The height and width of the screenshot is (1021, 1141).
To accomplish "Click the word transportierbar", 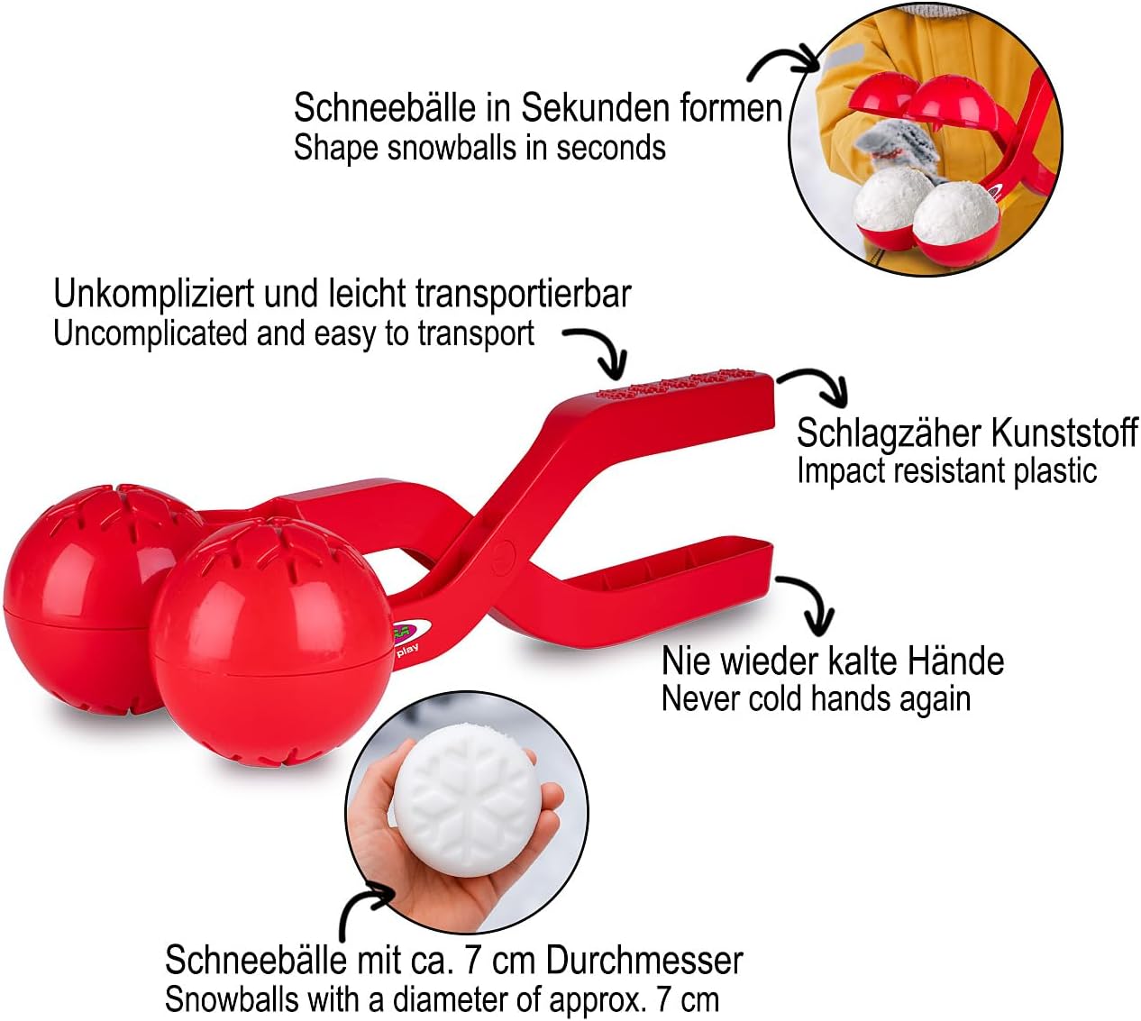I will coord(523,295).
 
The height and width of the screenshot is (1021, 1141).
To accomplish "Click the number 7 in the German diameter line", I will coord(473,962).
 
